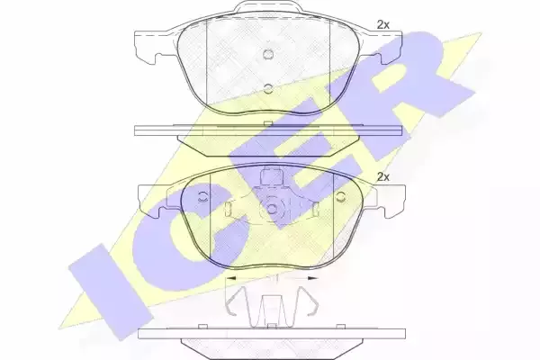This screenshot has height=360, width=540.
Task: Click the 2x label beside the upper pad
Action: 383,24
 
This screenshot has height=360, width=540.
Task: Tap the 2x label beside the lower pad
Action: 383,177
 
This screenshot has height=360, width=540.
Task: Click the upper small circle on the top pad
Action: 268,54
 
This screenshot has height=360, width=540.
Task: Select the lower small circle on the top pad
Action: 268,88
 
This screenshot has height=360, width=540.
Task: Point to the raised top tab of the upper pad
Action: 268,7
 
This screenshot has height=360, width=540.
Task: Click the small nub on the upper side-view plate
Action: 268,123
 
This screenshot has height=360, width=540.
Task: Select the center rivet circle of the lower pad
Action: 272,209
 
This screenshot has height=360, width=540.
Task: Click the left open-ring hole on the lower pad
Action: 202,197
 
